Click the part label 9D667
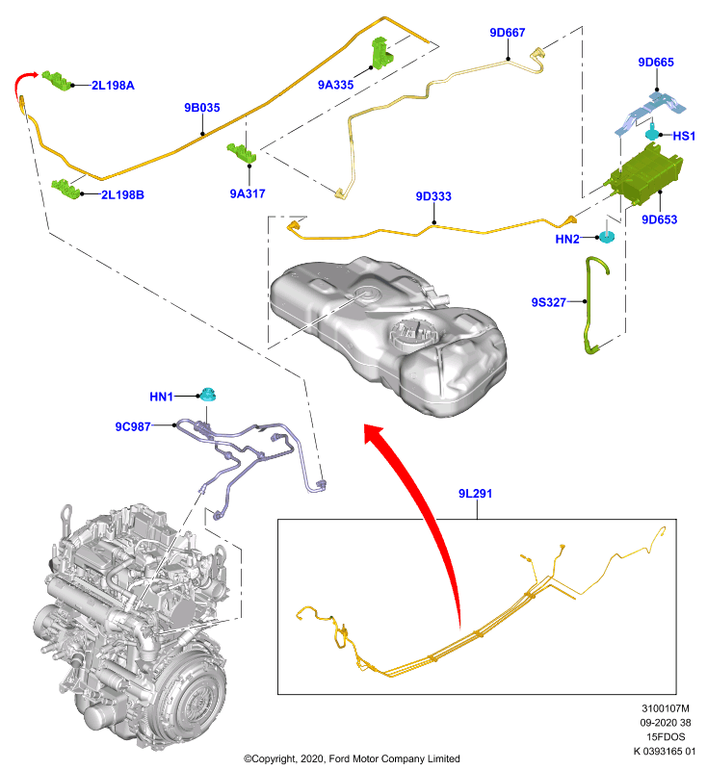point(507,33)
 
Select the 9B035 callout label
point(202,108)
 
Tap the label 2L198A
point(113,86)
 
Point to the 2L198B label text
point(123,195)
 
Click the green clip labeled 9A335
point(380,53)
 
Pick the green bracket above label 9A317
point(242,152)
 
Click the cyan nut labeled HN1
point(207,394)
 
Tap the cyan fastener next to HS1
point(652,133)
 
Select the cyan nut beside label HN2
point(606,236)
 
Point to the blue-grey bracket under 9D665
point(649,112)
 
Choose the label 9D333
point(433,196)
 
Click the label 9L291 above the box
point(475,494)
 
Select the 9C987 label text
point(133,426)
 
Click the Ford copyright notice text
point(352,758)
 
